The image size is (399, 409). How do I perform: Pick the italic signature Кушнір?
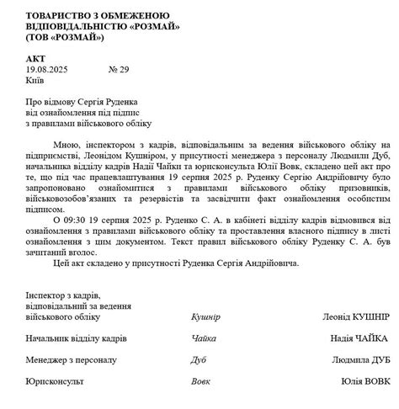tap(206, 317)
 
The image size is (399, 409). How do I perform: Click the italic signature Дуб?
tap(199, 359)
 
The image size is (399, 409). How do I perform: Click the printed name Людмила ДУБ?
tap(359, 359)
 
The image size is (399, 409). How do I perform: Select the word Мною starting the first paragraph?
tap(68, 144)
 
